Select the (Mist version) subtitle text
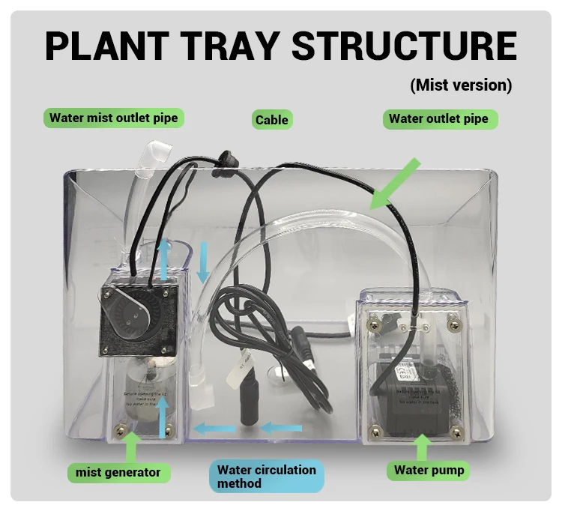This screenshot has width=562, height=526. pos(461,85)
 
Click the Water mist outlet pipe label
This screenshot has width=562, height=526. pos(114,118)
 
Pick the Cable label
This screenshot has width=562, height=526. pos(271,120)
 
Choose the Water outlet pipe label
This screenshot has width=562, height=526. pos(438,119)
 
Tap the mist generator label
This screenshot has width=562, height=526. pos(118,472)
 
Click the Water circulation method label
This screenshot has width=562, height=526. pos(266,477)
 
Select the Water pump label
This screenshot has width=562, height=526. pos(429,471)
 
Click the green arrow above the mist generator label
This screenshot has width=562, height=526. pos(132,446)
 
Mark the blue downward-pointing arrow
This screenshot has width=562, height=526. pos(203,263)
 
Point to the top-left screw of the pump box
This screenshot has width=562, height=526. pos(373,324)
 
